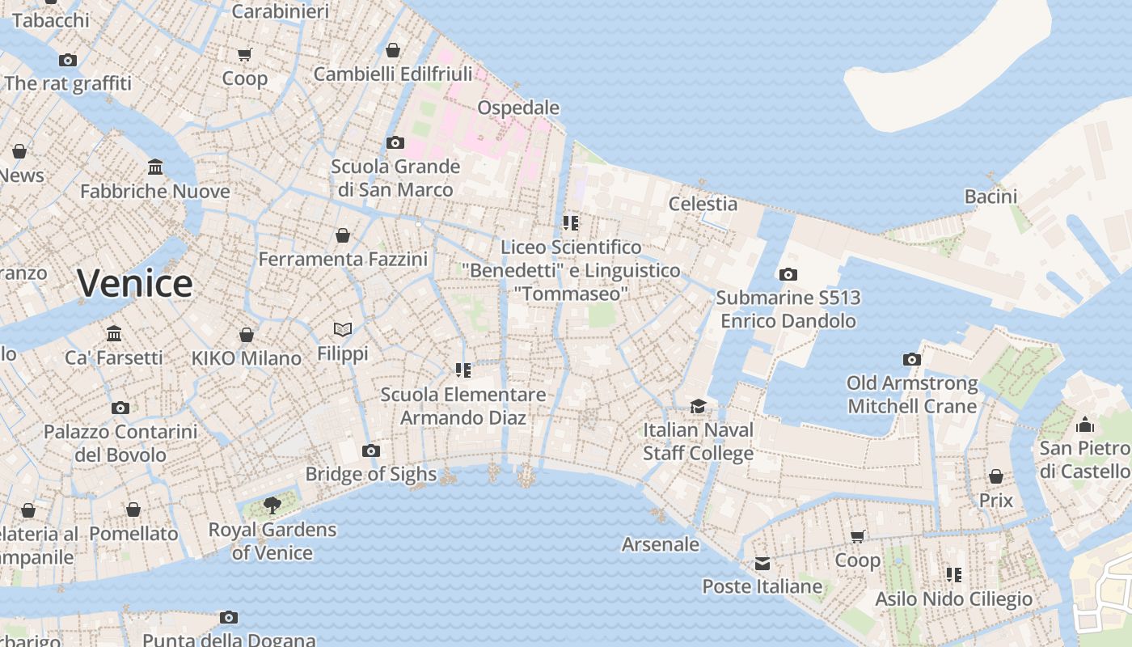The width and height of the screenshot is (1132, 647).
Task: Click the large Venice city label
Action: coord(135,283)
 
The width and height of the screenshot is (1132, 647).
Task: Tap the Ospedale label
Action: coord(517,108)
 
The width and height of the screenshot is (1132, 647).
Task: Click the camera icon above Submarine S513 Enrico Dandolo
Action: coord(788,275)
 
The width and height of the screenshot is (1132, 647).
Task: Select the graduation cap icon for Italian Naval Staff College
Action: coord(698,406)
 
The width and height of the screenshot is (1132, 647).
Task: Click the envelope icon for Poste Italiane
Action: coord(762,564)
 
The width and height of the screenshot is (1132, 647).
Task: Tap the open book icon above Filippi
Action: coord(343,330)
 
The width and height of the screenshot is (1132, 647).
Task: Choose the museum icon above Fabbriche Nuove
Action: coord(155,167)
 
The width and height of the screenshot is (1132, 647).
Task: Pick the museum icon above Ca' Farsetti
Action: coord(114,334)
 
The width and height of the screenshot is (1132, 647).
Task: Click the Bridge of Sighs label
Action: coord(371,474)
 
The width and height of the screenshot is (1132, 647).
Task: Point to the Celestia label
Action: coord(703,204)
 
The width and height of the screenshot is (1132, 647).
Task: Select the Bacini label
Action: coord(990,197)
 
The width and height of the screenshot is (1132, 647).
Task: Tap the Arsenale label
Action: coord(660,544)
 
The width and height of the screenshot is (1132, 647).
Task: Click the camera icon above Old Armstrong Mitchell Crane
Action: coord(911,360)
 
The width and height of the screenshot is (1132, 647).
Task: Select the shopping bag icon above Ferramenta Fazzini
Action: coord(343,236)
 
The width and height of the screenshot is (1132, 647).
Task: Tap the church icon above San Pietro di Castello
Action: coord(1084,425)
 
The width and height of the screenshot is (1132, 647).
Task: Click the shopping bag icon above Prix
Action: coord(996,477)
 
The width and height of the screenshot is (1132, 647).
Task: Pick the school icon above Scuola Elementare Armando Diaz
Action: coord(463,370)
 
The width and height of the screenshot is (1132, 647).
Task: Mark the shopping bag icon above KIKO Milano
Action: coord(247,335)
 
